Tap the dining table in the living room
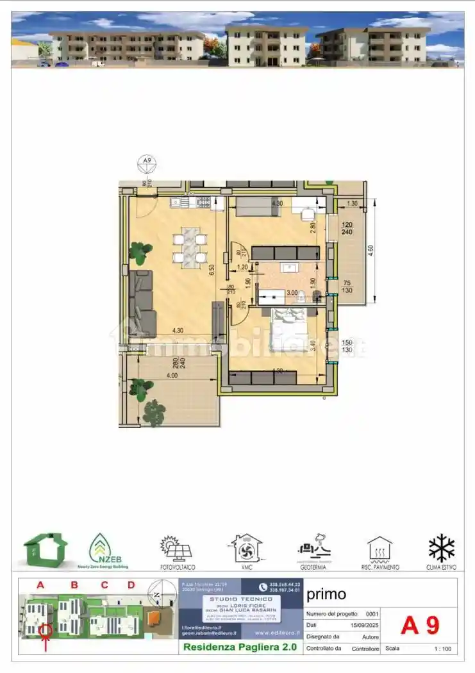coord(190,247)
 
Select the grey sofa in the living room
coord(142,303)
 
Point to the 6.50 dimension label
coord(212,269)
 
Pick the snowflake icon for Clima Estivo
coord(442,549)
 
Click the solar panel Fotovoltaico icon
coord(177,549)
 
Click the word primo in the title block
coord(326,594)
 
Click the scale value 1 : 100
coord(442,649)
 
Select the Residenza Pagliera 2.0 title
coord(240,647)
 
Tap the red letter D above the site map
coord(131,585)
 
